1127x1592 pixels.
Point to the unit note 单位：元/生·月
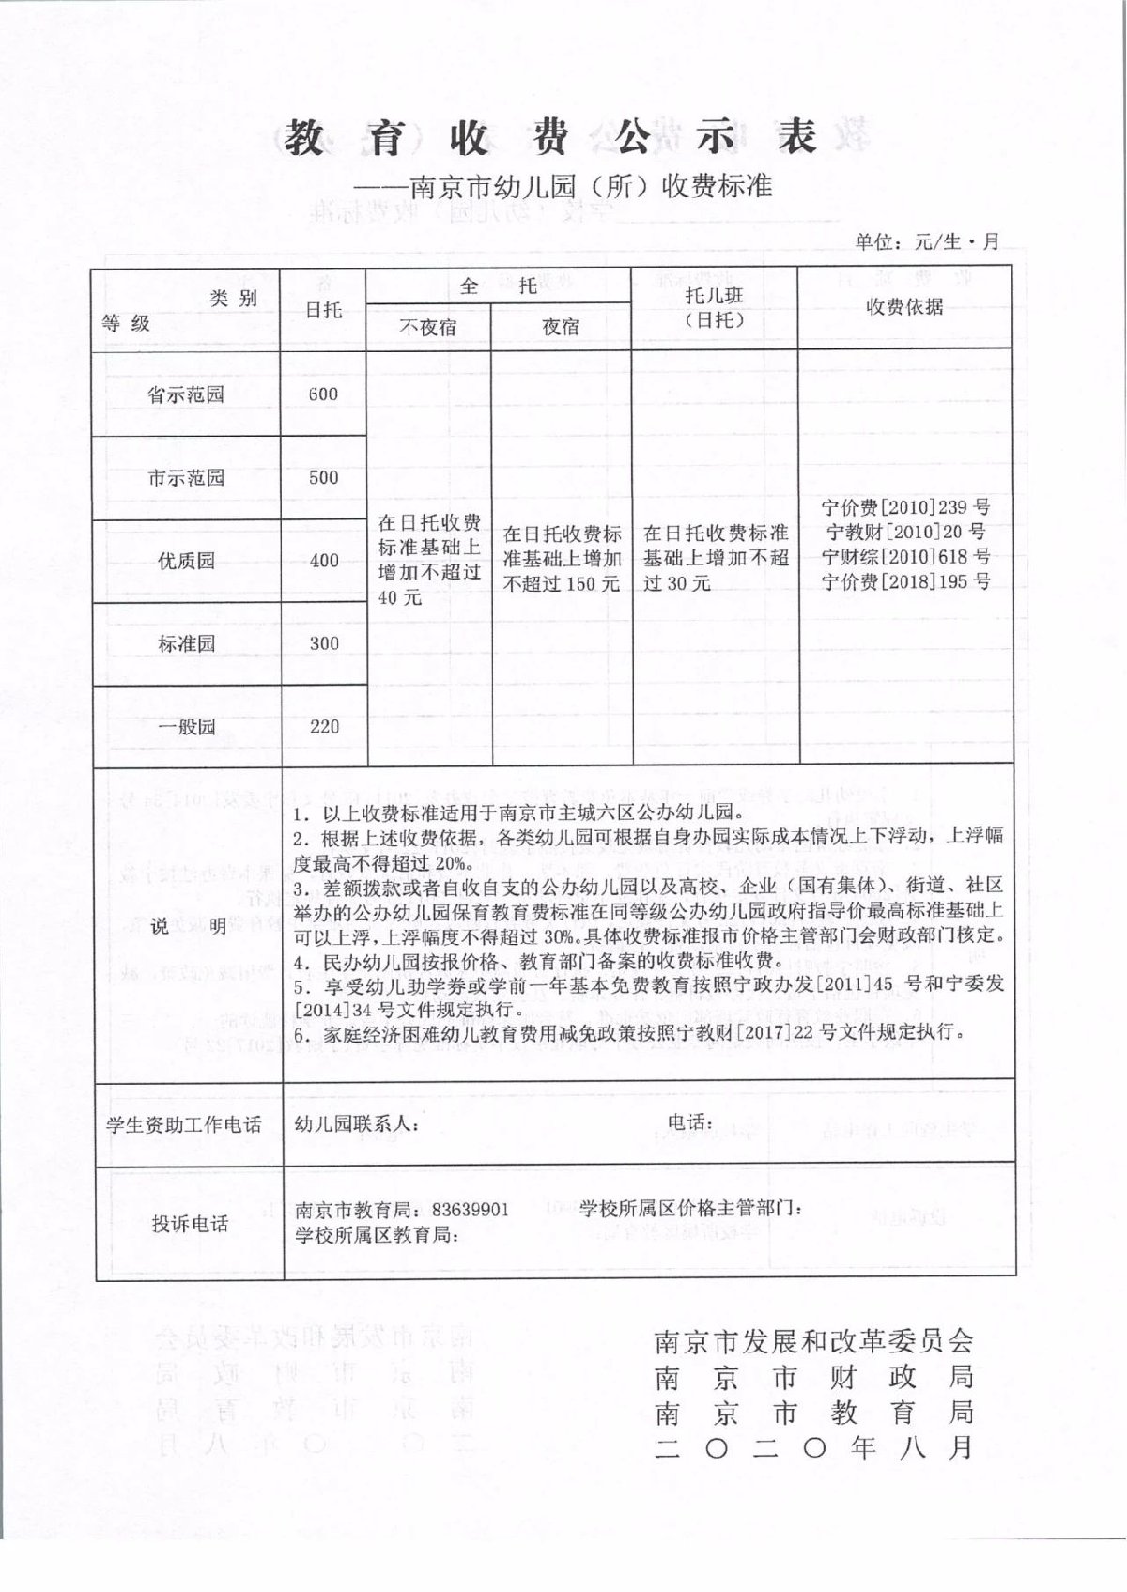tap(926, 241)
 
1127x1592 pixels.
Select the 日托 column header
tap(323, 310)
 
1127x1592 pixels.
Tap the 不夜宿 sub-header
tap(428, 327)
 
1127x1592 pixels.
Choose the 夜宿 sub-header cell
tap(561, 327)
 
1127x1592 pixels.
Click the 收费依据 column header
tap(904, 307)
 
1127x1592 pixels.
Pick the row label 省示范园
tap(186, 394)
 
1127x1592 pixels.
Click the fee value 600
tap(323, 394)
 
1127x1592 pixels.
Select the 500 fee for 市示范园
tap(323, 477)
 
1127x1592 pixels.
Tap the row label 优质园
tap(186, 561)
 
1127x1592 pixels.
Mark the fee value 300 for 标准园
tap(323, 643)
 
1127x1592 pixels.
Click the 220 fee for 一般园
tap(323, 726)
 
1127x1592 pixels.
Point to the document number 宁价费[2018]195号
tap(905, 581)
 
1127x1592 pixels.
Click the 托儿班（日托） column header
tap(714, 307)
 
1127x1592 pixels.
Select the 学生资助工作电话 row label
tap(184, 1124)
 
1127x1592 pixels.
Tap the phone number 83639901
tap(471, 1210)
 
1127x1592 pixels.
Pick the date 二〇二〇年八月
tap(813, 1447)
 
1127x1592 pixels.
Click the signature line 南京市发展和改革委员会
tap(813, 1340)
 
